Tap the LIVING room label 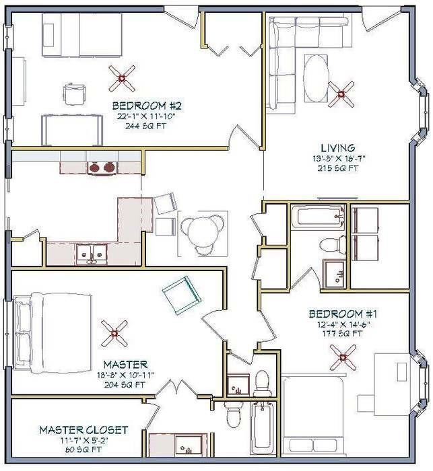click(337, 147)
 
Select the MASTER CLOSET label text click(84, 430)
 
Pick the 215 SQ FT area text click(338, 168)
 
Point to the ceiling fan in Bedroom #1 click(347, 356)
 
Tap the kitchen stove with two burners click(101, 167)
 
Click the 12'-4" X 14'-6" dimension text click(337, 324)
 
